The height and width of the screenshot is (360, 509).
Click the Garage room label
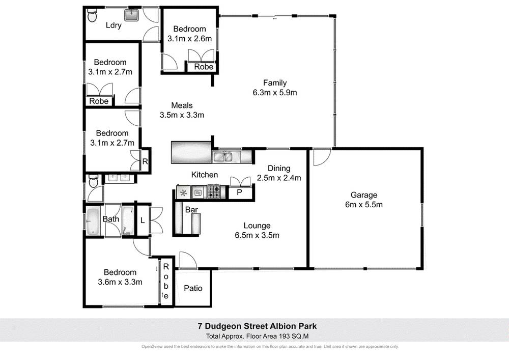[x=363, y=195]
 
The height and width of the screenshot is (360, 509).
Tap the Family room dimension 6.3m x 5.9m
[x=274, y=93]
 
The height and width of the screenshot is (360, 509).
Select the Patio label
[x=193, y=288]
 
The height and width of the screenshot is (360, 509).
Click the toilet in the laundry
[x=92, y=17]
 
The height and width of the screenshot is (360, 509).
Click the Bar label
[x=191, y=209]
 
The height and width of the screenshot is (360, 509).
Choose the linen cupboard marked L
[x=143, y=220]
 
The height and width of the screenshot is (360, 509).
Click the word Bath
[x=111, y=219]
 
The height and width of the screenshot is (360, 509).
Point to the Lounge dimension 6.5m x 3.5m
[x=257, y=235]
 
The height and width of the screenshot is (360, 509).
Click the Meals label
[x=182, y=105]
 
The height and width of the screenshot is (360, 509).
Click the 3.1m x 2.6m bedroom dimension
[x=189, y=38]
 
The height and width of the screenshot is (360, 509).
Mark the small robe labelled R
[x=145, y=162]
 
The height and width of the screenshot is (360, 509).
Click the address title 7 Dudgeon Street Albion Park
[x=254, y=326]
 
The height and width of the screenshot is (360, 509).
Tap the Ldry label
[x=114, y=25]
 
